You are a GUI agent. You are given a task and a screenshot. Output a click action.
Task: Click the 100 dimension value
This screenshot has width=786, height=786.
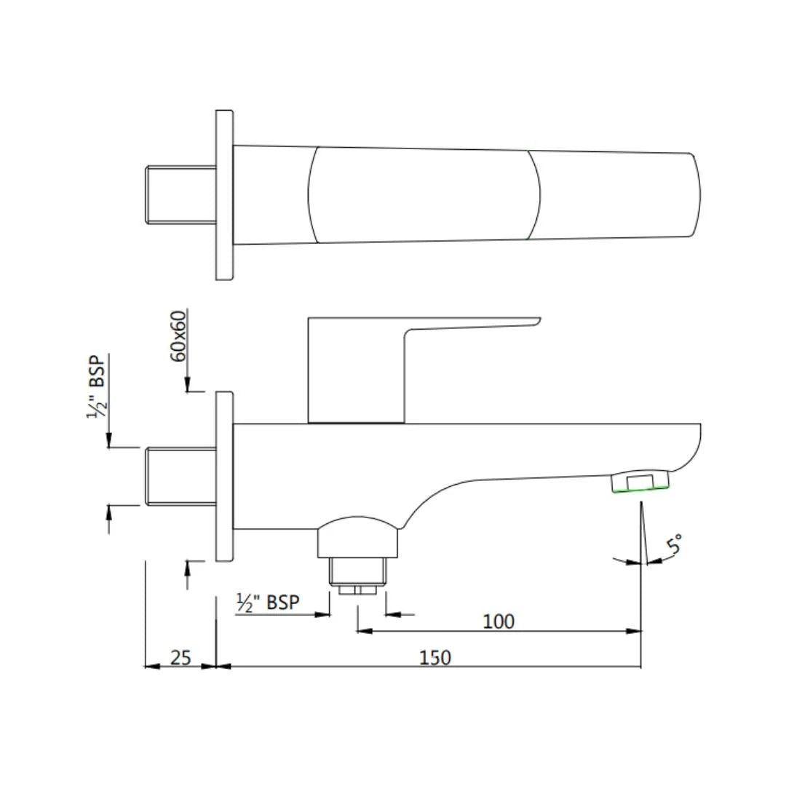[499, 621]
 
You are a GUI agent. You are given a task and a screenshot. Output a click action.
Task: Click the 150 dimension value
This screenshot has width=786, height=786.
[435, 657]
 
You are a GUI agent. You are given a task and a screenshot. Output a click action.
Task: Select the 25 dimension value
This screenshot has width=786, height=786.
[180, 657]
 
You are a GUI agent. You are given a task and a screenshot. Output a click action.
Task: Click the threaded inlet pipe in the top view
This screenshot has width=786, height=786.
[180, 194]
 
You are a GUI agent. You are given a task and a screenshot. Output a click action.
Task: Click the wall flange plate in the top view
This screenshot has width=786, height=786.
[225, 194]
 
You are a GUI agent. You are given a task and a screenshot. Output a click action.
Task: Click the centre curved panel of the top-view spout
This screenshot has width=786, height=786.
[424, 194]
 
